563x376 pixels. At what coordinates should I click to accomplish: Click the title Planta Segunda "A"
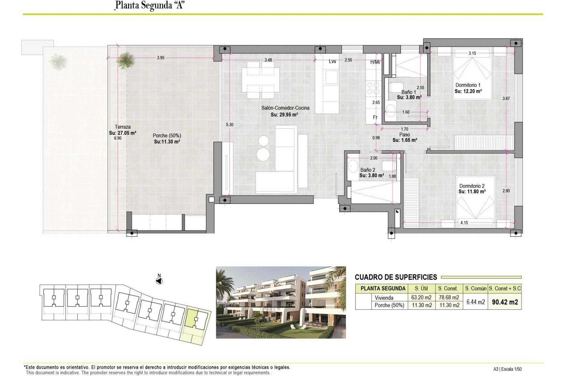(x=150, y=5)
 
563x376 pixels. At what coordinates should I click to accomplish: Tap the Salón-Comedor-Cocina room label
(x=285, y=108)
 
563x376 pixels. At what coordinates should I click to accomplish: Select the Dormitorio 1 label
(x=468, y=85)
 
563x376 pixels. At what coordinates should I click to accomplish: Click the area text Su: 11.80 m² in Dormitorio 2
(x=472, y=192)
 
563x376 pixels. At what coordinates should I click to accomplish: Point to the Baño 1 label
(x=408, y=92)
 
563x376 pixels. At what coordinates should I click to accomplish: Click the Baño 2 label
(x=367, y=170)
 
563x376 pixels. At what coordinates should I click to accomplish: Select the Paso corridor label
(x=404, y=135)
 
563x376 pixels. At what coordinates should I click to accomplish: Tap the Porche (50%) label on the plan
(x=167, y=136)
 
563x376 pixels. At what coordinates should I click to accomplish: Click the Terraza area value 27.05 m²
(x=123, y=133)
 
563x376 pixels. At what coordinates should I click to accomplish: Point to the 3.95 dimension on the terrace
(x=160, y=58)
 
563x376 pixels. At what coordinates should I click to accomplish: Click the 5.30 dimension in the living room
(x=230, y=125)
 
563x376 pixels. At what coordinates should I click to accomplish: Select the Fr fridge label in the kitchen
(x=375, y=117)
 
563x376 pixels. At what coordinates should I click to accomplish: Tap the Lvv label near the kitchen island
(x=332, y=61)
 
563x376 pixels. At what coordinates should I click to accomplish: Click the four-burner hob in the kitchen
(x=373, y=88)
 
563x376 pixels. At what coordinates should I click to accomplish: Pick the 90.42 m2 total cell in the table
(x=505, y=302)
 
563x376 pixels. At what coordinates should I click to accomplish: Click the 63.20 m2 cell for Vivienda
(x=422, y=298)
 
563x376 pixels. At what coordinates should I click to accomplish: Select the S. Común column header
(x=475, y=288)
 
